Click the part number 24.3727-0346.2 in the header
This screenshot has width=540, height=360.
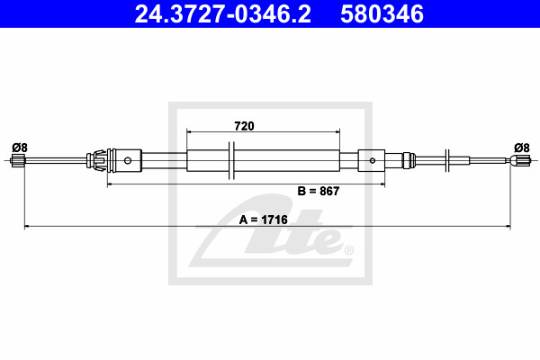coord(223,14)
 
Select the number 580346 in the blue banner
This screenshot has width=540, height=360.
coord(382,14)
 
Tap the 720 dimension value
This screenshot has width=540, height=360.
coord(244,126)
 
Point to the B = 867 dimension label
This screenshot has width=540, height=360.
coord(319,191)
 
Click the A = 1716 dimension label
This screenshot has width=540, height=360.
coord(263,220)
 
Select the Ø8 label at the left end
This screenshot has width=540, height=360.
coord(20,148)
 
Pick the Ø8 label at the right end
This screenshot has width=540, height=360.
coord(522,148)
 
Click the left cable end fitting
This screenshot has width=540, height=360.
coord(18,161)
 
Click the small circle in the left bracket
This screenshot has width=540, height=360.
coord(128,160)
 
